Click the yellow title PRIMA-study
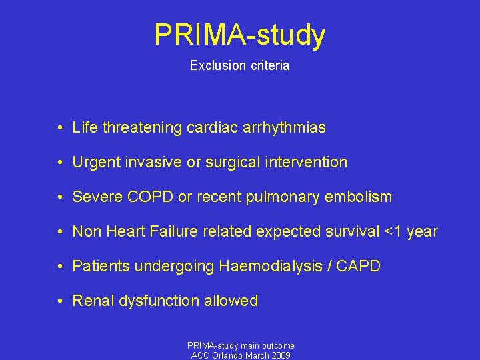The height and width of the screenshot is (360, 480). click(x=239, y=35)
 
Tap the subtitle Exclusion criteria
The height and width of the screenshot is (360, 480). click(x=239, y=66)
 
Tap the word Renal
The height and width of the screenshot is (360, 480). click(x=93, y=301)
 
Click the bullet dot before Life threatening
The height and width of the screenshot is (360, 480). click(x=60, y=127)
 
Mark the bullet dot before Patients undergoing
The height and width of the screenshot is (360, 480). click(x=60, y=267)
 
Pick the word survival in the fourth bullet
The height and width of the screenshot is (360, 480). click(x=352, y=231)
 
